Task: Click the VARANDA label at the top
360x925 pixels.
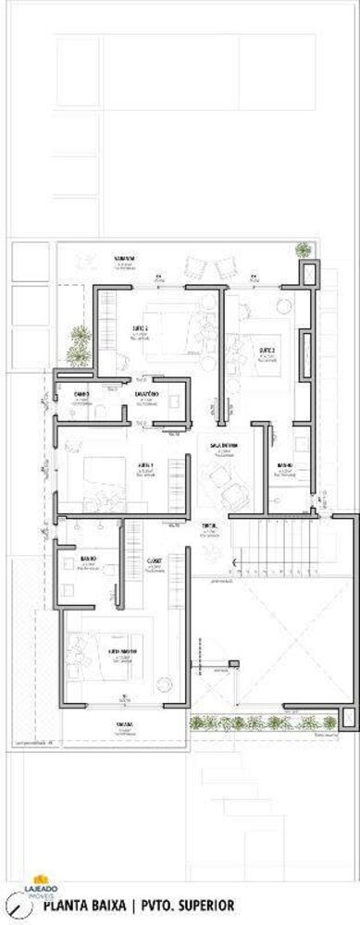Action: click(125, 257)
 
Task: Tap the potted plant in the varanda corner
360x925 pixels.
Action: click(304, 249)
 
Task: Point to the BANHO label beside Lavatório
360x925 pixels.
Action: click(81, 394)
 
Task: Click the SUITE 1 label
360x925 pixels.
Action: click(145, 464)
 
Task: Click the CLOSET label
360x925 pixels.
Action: click(155, 561)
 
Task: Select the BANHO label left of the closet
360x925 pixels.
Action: click(89, 560)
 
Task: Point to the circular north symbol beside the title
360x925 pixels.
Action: click(15, 904)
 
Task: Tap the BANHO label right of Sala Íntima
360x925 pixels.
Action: click(285, 464)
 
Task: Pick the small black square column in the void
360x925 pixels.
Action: click(234, 662)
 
